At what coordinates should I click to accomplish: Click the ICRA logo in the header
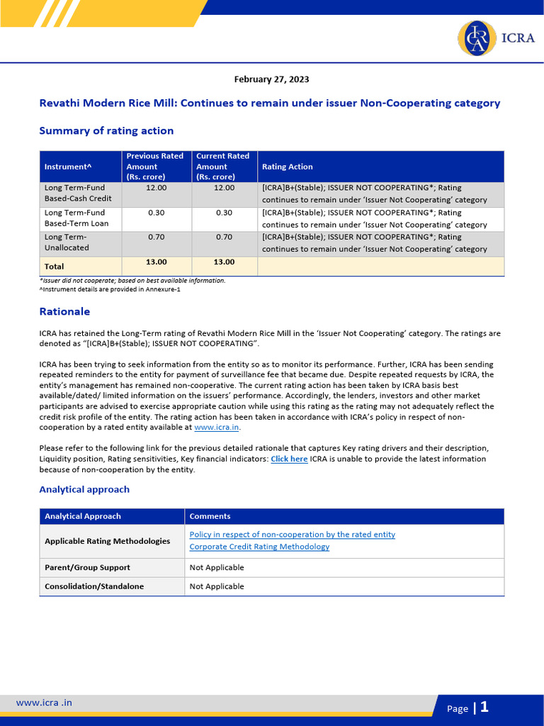click(496, 38)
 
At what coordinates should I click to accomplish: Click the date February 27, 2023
click(271, 79)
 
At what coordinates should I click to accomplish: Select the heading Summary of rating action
click(106, 130)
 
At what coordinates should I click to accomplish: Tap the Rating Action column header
click(287, 167)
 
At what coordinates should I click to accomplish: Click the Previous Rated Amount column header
click(154, 167)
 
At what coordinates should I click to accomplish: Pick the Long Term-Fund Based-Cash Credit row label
click(78, 194)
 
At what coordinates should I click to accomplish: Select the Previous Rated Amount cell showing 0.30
click(156, 213)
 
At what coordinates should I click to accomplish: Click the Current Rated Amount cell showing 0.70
click(224, 237)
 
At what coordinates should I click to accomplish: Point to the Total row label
click(55, 267)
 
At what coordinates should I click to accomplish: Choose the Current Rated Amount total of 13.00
click(224, 262)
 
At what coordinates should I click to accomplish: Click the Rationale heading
click(64, 311)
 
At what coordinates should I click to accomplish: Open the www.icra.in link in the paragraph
click(217, 428)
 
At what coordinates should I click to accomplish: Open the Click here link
click(289, 459)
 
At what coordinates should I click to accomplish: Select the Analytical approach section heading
click(84, 489)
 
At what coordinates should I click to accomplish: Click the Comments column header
click(210, 516)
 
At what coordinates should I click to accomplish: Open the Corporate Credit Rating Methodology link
click(259, 547)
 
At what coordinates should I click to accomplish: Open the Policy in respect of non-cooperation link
click(292, 535)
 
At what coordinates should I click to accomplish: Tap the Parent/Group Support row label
click(87, 567)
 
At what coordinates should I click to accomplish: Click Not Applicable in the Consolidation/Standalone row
click(217, 586)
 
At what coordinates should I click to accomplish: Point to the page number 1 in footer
click(484, 707)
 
